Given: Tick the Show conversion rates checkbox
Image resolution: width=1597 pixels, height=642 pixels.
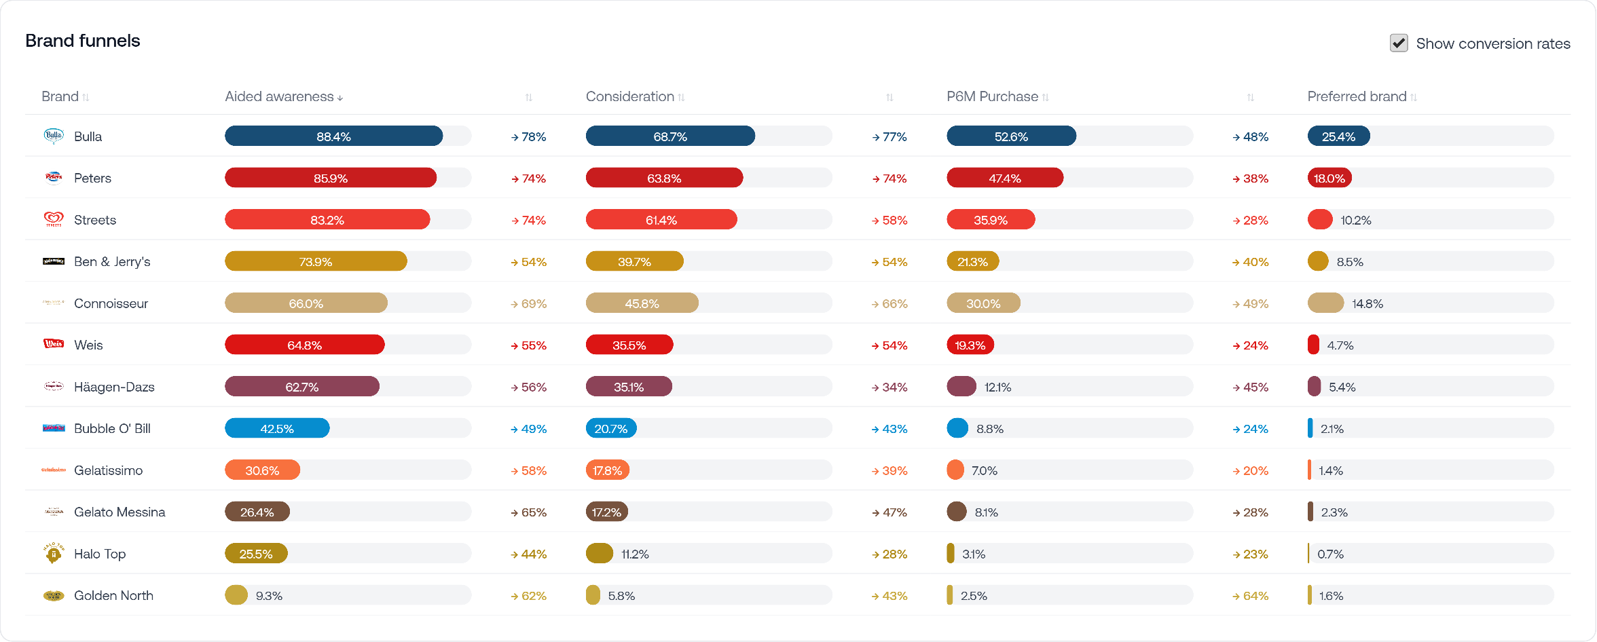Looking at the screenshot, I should [x=1399, y=43].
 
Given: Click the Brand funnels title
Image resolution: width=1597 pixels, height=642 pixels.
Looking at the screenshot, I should [x=83, y=41].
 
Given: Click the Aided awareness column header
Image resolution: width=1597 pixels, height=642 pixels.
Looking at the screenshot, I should [x=279, y=96].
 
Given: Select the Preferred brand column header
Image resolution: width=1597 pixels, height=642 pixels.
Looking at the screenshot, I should [x=1357, y=96].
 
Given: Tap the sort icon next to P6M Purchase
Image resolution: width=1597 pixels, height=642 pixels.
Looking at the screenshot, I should [x=1046, y=97].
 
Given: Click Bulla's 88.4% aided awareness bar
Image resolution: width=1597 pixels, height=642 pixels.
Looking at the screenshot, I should [x=333, y=136].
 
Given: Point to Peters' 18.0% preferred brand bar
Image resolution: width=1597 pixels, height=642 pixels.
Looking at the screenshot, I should [x=1329, y=178].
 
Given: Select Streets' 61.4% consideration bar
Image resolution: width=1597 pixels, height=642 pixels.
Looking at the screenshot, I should [x=661, y=220].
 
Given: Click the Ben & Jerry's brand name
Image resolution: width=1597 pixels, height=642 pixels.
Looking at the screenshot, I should [x=112, y=261].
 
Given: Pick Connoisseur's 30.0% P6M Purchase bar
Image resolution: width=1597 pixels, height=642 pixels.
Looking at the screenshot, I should [x=983, y=303].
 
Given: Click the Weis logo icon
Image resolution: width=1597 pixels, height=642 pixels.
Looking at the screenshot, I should [x=54, y=344].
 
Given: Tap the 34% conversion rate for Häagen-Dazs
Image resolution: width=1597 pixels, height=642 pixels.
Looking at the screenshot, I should [x=894, y=387].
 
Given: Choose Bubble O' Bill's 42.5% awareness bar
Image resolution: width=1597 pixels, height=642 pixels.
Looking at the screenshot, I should [x=277, y=429].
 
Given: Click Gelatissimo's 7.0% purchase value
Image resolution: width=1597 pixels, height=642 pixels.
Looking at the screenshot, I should [x=985, y=470].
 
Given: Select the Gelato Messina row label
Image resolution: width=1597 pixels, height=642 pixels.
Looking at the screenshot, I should [x=120, y=512].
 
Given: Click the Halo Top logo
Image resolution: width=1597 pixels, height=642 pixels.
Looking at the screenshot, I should [x=54, y=553].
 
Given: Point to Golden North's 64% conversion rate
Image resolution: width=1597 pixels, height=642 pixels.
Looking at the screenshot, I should [x=1255, y=596].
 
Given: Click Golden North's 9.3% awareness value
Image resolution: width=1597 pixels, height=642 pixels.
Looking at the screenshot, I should [x=269, y=596].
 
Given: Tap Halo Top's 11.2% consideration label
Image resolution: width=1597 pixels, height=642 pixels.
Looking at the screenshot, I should [x=635, y=554].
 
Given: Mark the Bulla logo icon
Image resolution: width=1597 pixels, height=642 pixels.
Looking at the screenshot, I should [x=54, y=136].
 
